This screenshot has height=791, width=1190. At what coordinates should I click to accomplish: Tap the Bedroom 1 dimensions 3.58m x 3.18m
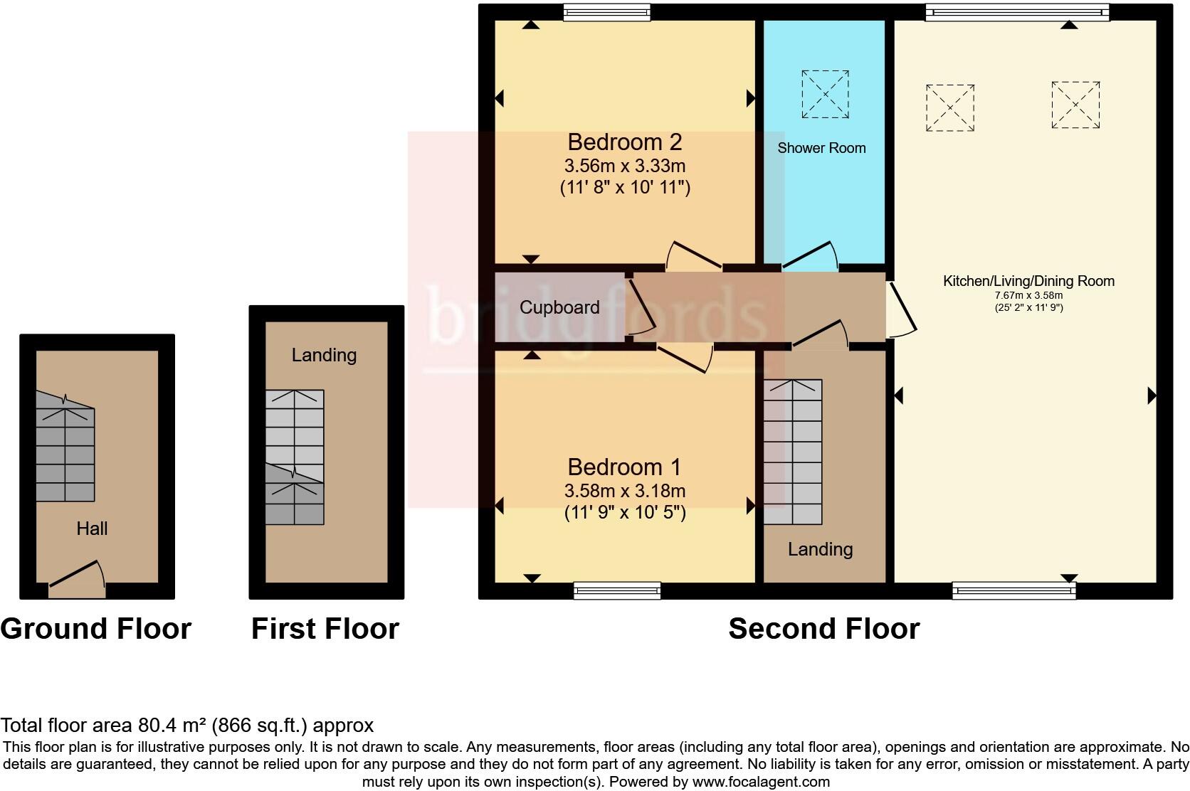pos(624,491)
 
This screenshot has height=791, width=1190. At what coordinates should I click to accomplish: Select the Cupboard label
pos(559,308)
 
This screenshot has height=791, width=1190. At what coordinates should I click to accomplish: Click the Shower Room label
pos(821,148)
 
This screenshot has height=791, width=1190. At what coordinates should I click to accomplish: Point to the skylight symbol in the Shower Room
pos(825,94)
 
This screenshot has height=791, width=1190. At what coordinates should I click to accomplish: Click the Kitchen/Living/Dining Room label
pos(1028,281)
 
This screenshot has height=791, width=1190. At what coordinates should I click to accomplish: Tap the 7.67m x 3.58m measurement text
pos(1028,295)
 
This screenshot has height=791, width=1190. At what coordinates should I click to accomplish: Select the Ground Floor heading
pos(96,629)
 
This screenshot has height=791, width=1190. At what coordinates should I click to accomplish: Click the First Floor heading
pos(325,629)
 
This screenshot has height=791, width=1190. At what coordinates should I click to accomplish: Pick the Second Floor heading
pos(823,629)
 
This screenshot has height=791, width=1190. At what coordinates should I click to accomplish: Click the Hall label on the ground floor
pos(92,529)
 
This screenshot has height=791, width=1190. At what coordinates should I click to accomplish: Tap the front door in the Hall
pos(77,580)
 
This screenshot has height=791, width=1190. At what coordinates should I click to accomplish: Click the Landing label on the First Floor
pos(324,355)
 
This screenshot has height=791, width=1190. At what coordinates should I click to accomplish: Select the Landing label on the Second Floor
pos(820,549)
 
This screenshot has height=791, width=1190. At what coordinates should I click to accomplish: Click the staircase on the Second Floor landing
pos(793,452)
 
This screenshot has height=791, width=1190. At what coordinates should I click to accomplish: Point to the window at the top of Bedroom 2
pos(606,12)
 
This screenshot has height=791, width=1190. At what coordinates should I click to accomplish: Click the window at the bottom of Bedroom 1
pos(617,590)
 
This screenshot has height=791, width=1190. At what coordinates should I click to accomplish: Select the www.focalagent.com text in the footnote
pos(761,782)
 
